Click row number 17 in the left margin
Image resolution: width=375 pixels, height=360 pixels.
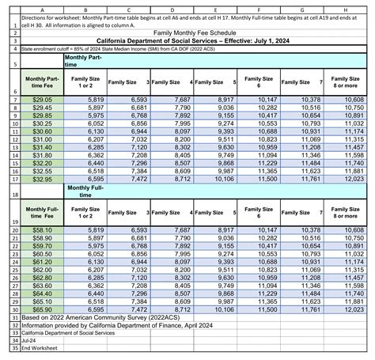click(6, 180)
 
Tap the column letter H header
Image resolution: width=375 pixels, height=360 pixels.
click(346, 4)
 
